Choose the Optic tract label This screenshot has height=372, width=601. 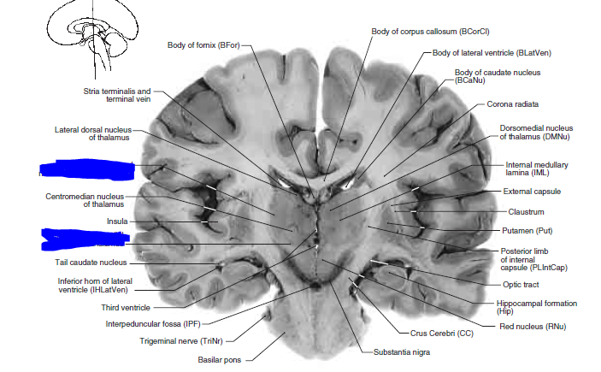click(x=524, y=284)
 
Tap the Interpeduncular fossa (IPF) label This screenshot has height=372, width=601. click(x=153, y=324)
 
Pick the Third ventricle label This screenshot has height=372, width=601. click(x=126, y=307)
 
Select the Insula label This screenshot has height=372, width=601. click(x=117, y=221)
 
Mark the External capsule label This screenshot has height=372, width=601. click(x=532, y=192)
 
